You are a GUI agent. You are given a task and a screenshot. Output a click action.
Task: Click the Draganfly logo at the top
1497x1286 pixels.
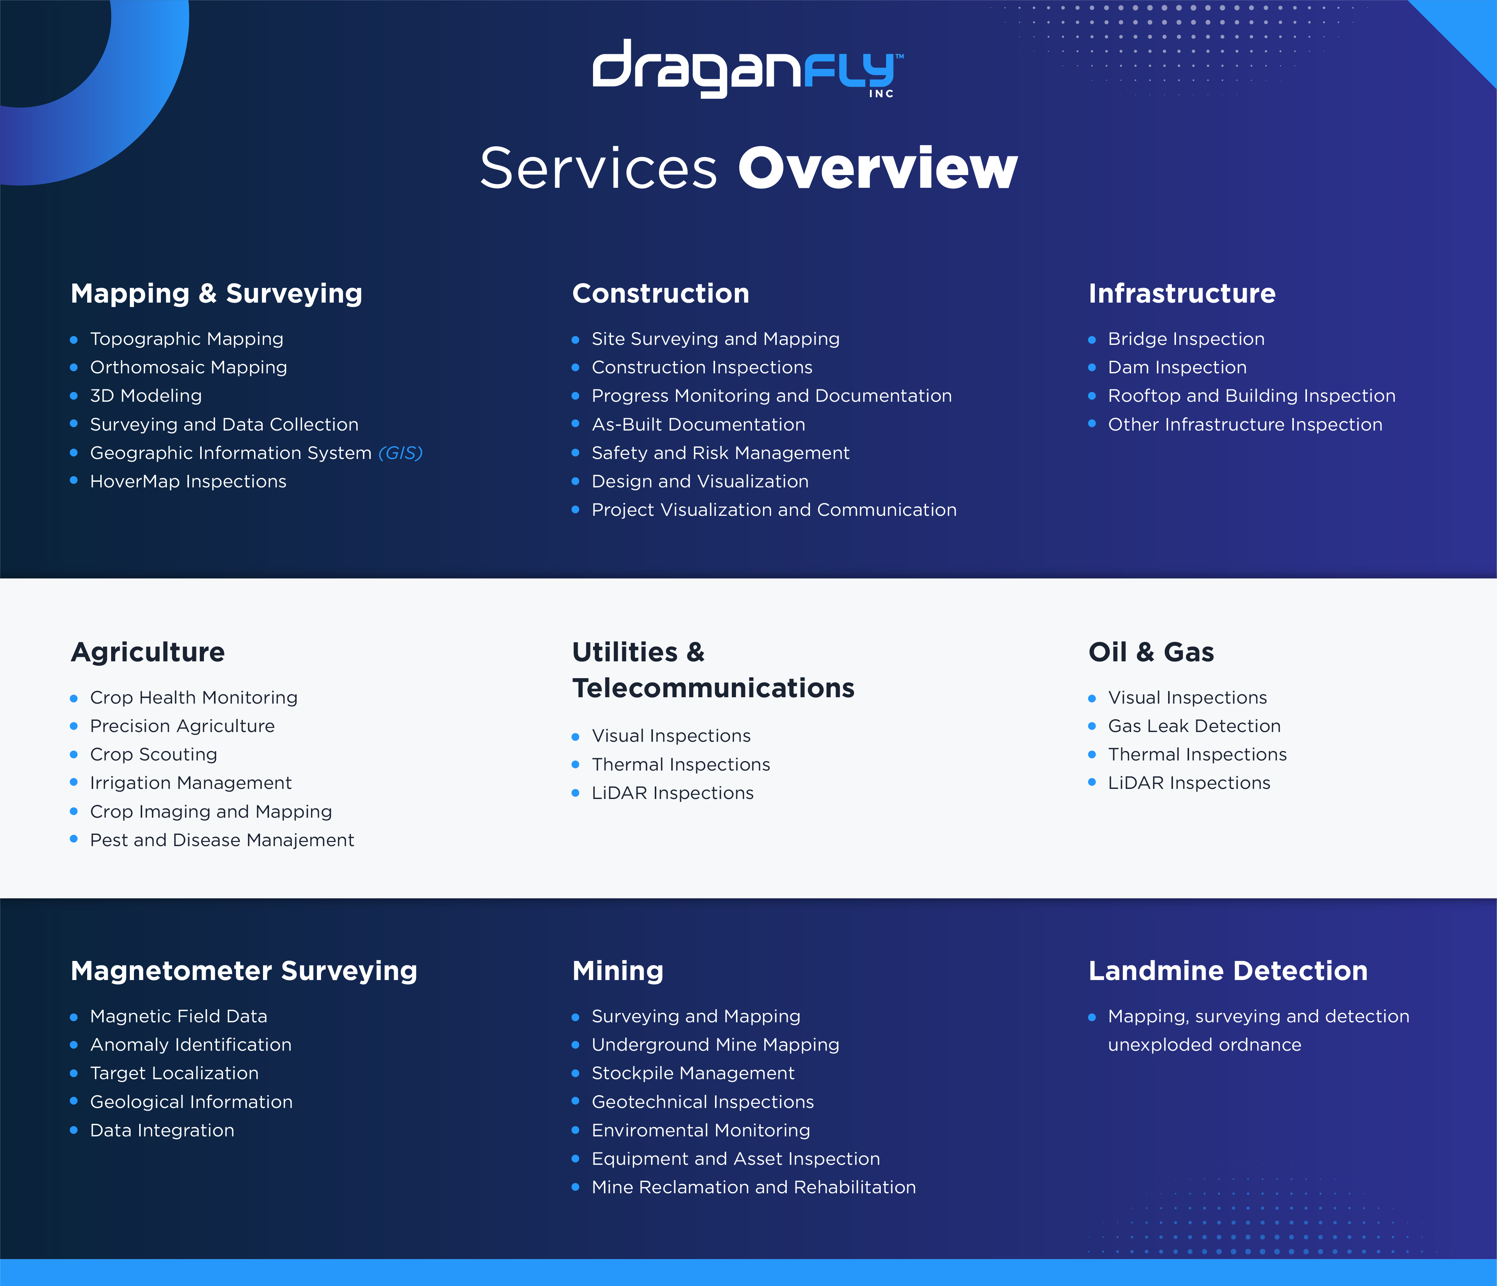748,68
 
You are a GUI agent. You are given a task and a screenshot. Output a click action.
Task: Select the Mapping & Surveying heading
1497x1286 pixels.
217,293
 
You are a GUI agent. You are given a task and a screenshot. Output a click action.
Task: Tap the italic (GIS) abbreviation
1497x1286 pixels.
400,453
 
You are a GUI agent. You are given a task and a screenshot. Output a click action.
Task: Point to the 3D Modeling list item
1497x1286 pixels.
146,396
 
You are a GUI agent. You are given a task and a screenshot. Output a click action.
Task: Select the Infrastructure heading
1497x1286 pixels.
1182,293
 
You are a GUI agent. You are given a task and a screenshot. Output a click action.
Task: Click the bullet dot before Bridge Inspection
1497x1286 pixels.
1093,340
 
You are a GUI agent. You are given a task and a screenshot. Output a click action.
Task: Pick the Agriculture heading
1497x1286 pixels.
148,652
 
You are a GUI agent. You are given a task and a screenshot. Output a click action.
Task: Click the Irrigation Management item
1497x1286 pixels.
191,783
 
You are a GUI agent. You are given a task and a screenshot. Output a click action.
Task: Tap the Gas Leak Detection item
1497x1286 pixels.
1194,726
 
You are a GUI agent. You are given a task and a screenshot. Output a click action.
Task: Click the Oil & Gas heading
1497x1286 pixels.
1152,652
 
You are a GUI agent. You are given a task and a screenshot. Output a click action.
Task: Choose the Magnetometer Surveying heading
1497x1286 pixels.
244,971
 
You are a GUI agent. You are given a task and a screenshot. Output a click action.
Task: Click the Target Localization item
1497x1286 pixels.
174,1074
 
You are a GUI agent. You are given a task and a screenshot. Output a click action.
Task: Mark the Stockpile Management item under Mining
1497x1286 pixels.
693,1074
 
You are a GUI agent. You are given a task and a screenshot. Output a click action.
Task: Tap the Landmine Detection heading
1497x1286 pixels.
1228,971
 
